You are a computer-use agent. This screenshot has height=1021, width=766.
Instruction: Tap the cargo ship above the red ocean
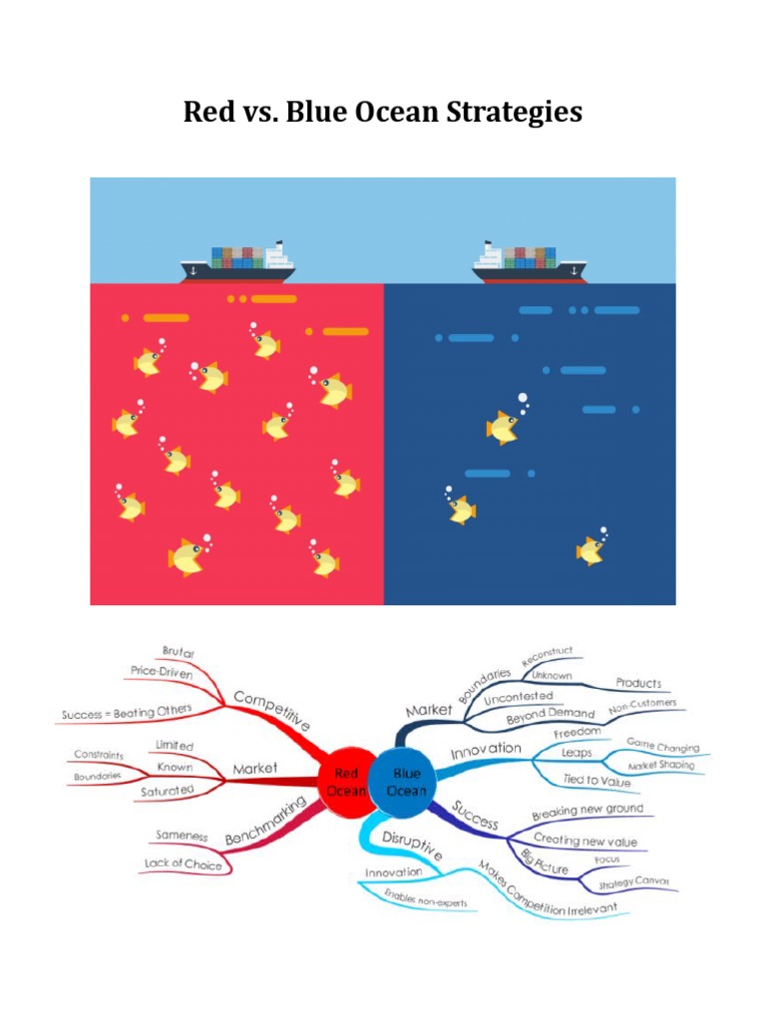pos(237,263)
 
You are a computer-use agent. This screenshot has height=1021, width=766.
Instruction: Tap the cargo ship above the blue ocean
pos(530,263)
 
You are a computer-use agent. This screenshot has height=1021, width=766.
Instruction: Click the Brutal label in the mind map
pos(178,652)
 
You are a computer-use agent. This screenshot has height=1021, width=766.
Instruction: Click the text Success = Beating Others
pos(126,713)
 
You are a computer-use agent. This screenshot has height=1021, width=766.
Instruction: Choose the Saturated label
pos(169,791)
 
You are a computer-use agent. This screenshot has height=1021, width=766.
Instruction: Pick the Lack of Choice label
pos(183,863)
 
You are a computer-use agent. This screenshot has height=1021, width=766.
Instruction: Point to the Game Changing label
pos(662,746)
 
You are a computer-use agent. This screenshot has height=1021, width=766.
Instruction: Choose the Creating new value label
pos(584,841)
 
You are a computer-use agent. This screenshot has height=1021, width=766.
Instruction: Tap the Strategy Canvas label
pos(633,882)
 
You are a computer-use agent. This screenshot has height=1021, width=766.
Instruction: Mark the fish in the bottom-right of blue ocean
pos(590,549)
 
